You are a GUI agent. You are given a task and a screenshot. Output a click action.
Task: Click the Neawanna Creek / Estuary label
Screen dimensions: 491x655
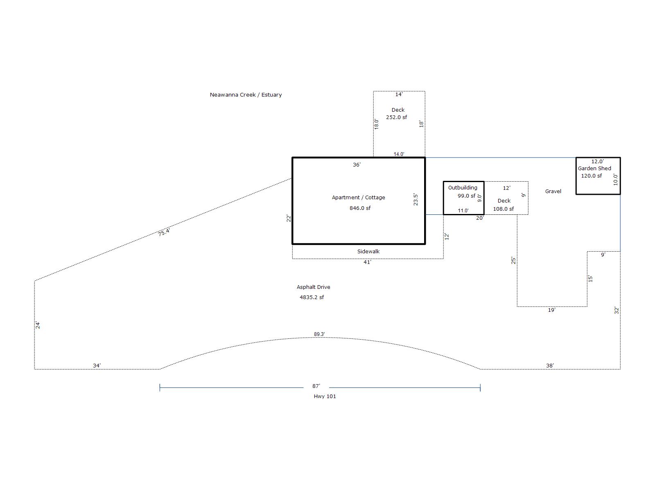(246, 95)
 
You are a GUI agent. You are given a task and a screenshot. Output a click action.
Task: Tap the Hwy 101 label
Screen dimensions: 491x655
(325, 396)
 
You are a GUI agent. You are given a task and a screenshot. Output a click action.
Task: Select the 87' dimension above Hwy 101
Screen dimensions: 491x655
(316, 386)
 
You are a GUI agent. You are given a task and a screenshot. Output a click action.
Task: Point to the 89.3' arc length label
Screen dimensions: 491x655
(319, 334)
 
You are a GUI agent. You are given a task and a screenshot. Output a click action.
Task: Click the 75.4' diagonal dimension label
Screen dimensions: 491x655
(164, 232)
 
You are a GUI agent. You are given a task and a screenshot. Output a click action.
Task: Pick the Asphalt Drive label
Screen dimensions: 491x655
(313, 287)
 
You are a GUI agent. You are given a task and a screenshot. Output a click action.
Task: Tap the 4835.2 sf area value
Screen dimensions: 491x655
(312, 297)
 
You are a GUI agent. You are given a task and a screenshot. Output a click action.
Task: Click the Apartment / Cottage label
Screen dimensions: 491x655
(358, 198)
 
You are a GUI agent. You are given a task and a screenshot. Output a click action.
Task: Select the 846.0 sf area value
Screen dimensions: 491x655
(360, 208)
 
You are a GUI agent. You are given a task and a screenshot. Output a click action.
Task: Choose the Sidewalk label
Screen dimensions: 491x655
(368, 252)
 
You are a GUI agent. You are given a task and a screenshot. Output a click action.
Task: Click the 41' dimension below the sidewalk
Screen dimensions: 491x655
(367, 262)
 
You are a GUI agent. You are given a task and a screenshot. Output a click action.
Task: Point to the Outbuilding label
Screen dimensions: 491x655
(463, 188)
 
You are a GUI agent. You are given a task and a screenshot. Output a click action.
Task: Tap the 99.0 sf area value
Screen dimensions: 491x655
(466, 196)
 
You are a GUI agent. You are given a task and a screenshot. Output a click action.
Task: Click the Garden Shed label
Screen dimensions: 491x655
(594, 169)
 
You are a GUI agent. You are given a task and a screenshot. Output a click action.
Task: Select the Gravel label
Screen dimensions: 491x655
(553, 191)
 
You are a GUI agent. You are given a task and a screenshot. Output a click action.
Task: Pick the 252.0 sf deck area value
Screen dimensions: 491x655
(396, 117)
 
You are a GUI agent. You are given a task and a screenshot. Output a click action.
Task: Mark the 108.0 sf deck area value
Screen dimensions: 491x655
(503, 209)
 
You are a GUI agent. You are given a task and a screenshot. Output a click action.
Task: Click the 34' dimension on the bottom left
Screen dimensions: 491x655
(97, 366)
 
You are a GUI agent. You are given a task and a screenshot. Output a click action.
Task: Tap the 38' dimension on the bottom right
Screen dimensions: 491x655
(550, 366)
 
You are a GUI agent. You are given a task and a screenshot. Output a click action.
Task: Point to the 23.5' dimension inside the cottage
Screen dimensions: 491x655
(416, 200)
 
